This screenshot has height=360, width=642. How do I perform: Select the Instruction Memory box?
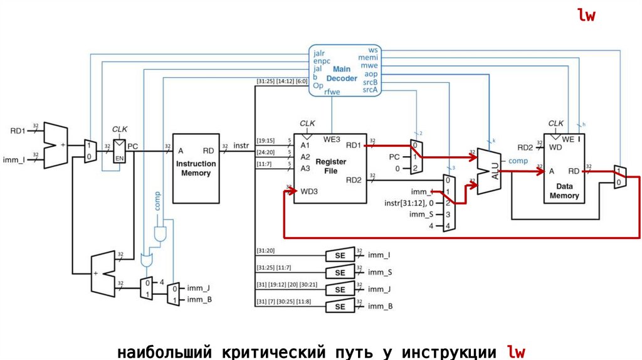click(196, 167)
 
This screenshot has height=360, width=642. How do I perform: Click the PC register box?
click(119, 151)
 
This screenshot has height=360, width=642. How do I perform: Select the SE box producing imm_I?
click(340, 255)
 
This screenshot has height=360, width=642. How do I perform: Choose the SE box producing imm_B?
click(340, 307)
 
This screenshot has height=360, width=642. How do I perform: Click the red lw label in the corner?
click(586, 16)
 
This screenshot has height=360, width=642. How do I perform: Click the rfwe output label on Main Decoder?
click(332, 92)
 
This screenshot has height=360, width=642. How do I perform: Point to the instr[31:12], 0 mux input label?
click(411, 203)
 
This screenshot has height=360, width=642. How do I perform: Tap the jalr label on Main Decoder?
click(319, 53)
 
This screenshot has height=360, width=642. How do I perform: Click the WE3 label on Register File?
click(332, 139)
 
